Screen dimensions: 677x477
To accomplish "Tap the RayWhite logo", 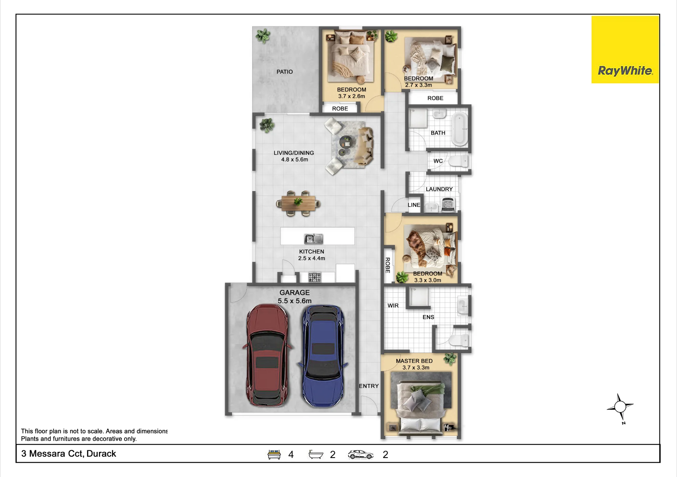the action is (x=625, y=49).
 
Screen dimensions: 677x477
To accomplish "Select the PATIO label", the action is (x=285, y=72).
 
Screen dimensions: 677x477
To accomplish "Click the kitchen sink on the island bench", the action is (x=313, y=239).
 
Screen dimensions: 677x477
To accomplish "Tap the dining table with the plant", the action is (x=298, y=203).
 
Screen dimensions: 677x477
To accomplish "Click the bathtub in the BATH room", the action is (x=460, y=129).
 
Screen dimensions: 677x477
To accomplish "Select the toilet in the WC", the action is (x=458, y=161).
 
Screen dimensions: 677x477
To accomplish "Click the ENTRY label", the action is (x=369, y=386).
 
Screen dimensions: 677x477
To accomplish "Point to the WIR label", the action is (x=393, y=306).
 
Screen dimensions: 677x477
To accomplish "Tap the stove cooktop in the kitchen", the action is (x=314, y=277).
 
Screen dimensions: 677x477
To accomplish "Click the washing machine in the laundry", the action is (x=449, y=205).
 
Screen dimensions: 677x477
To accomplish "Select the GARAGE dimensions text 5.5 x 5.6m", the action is (x=294, y=301).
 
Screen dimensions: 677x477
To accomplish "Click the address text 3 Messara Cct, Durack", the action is (x=69, y=454).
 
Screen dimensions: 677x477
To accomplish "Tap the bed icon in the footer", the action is (x=274, y=454).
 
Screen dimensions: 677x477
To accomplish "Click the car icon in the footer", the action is (x=361, y=455).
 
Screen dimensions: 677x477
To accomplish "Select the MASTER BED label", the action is (x=414, y=361).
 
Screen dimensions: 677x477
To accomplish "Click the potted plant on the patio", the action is (x=263, y=36).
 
